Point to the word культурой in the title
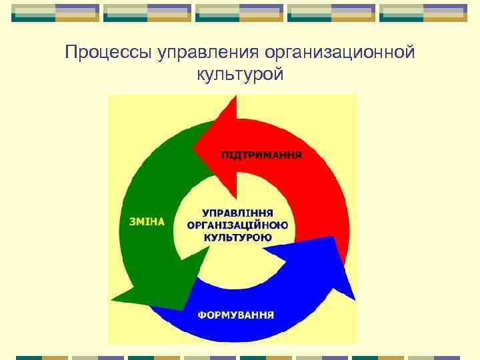240,75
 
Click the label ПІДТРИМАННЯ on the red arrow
261,154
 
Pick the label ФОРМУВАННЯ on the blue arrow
235,315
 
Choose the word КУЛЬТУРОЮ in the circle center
238,237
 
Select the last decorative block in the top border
423,13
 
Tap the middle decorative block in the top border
239,13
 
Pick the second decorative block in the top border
147,13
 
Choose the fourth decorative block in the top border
331,13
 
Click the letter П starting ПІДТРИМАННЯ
225,154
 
